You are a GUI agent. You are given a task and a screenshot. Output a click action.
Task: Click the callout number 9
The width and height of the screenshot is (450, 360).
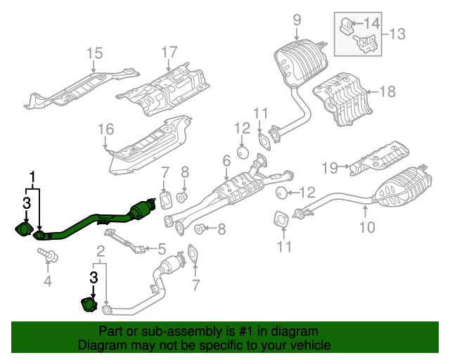click(x=296, y=19)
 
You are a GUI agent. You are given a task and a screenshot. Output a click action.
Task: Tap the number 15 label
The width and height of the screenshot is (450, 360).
click(x=94, y=53)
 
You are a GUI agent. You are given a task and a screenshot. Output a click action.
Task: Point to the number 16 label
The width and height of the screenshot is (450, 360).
click(x=105, y=129)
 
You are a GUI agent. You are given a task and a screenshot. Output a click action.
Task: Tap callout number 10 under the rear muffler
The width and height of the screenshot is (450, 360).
click(x=368, y=226)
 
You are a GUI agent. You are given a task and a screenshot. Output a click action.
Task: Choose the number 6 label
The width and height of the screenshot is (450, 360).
click(x=226, y=162)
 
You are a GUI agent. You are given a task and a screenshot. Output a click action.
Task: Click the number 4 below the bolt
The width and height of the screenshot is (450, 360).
click(x=48, y=282)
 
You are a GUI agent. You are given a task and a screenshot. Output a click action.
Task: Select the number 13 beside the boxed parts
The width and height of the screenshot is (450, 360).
click(x=397, y=33)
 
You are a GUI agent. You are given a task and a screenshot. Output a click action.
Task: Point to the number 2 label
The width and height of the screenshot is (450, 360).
click(x=101, y=250)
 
